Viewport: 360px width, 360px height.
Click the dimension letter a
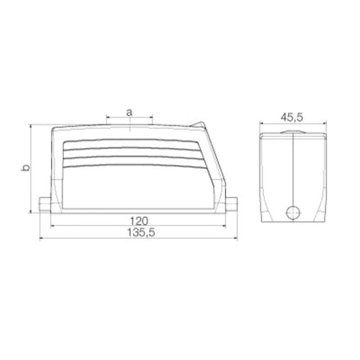129,112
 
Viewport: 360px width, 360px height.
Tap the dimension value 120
133,221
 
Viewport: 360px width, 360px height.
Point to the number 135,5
133,235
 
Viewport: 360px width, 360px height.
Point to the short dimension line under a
129,119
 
